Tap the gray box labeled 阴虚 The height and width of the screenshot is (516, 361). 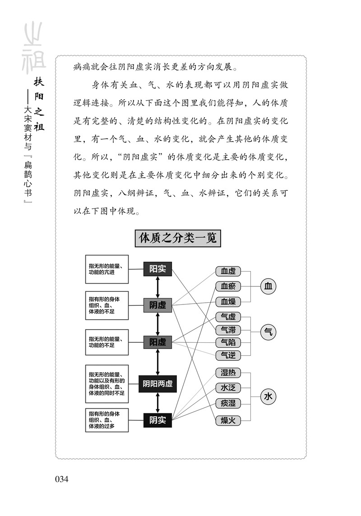pos(157,305)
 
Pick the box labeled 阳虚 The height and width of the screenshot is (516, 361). pos(157,342)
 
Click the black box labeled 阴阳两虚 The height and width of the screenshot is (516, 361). pos(157,384)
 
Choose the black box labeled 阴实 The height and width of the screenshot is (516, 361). pos(157,420)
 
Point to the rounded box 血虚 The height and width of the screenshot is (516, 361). pos(228,271)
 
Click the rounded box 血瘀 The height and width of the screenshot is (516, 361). pos(228,286)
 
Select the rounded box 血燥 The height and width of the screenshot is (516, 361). pos(228,301)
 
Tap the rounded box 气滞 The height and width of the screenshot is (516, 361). pos(228,330)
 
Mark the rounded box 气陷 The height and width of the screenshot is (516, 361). pos(228,342)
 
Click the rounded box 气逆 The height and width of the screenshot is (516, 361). pos(228,355)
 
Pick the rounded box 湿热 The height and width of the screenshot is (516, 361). pos(228,373)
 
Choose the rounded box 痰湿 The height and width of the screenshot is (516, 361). pos(228,403)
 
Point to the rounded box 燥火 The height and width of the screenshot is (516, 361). pos(228,420)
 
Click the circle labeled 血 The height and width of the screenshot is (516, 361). pos(268,286)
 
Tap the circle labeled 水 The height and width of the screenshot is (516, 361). pos(268,397)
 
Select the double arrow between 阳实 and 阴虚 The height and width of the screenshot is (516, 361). pos(157,287)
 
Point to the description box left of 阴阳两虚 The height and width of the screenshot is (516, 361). pos(107,384)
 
